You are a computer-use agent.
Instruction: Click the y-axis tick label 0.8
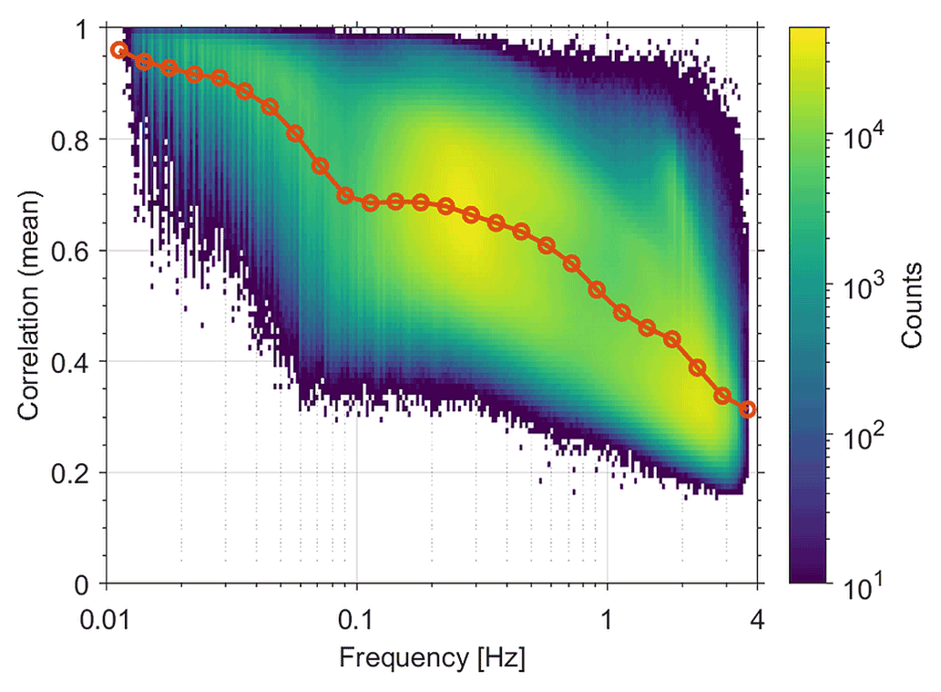tap(75, 139)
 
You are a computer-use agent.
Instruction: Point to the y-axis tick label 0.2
tap(75, 473)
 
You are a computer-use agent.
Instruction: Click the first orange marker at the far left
tap(118, 50)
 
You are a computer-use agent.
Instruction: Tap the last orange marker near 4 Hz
tap(748, 409)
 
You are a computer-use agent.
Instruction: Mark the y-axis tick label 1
tap(88, 28)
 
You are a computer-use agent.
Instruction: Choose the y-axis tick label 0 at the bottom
tap(88, 584)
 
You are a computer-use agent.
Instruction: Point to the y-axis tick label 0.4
tap(75, 362)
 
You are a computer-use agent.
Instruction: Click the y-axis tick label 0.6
tap(75, 251)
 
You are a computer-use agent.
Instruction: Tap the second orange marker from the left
tap(144, 61)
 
